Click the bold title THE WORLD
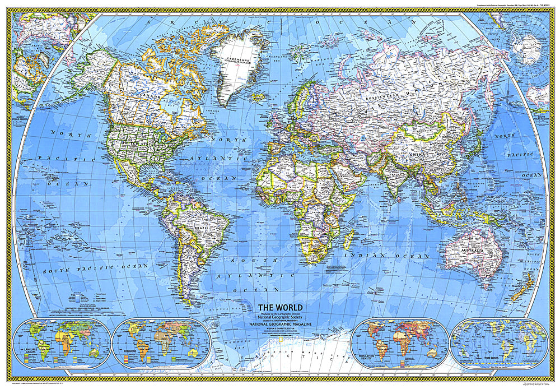point(280,307)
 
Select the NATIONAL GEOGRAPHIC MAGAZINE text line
point(280,324)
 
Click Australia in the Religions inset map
point(194,353)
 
